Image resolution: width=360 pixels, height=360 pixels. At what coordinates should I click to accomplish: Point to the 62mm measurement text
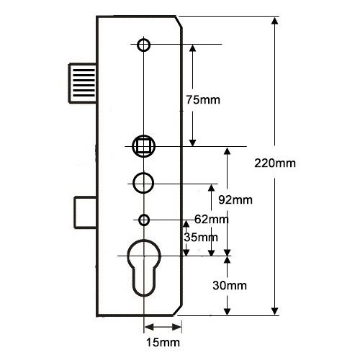tap(212, 219)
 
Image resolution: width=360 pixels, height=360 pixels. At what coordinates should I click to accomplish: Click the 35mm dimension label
tap(201, 237)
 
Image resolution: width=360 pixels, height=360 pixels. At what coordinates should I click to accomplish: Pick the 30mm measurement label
tap(230, 286)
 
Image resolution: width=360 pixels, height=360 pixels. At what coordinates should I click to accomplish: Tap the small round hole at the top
tap(144, 45)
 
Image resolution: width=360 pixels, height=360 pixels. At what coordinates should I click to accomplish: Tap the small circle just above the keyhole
tap(144, 220)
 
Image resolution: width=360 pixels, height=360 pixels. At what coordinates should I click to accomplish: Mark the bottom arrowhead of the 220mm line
tap(275, 311)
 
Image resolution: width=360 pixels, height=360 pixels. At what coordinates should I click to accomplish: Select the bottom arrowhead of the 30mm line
tap(228, 311)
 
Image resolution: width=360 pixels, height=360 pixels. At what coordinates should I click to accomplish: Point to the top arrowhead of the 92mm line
tap(228, 151)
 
